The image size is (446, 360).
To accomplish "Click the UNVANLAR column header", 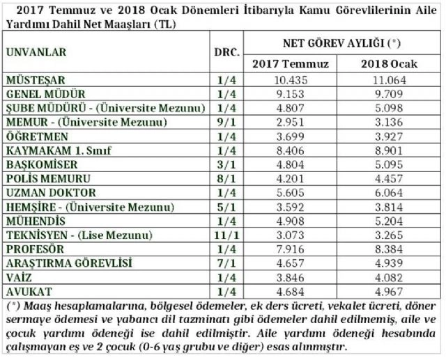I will click(36, 52).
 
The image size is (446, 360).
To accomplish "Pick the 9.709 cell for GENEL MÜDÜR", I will click(388, 93).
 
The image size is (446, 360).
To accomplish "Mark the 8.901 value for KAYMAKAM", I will click(388, 150).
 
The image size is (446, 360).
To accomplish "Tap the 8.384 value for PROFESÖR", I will click(388, 249).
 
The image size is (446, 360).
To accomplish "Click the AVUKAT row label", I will click(28, 290).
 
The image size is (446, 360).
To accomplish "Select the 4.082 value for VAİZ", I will click(388, 277).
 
